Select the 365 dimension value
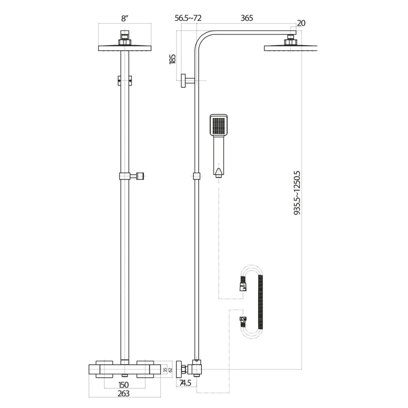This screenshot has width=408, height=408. tap(247, 18)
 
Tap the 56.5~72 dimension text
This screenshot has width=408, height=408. tap(188, 18)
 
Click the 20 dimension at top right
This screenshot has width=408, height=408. tap(301, 23)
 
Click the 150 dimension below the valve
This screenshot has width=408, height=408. tap(124, 394)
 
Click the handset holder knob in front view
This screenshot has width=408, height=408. tap(141, 176)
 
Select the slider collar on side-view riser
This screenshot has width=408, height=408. tap(197, 176)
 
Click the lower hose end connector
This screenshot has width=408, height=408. tap(243, 320)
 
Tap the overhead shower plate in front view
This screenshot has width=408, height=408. tap(125, 48)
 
